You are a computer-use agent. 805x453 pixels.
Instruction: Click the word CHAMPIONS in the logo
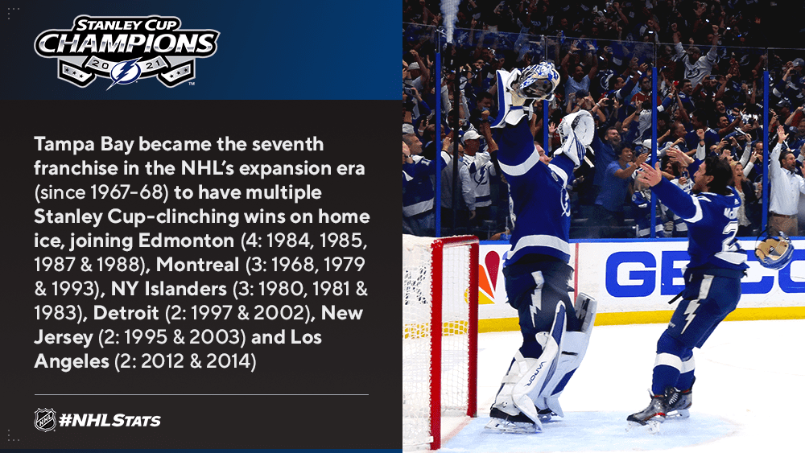coord(127,43)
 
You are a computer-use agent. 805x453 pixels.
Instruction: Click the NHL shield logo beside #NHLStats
coord(45,420)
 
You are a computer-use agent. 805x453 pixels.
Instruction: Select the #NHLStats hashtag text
coord(109,421)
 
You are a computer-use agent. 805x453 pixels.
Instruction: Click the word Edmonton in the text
coord(187,241)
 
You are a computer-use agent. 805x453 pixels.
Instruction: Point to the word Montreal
coord(198,265)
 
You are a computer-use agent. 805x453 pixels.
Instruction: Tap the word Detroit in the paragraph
coord(126,313)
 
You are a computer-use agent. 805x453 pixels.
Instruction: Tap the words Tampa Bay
coord(84,145)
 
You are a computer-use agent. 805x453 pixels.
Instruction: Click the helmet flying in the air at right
coord(774,250)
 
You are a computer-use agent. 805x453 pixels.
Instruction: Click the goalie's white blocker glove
coord(577,137)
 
